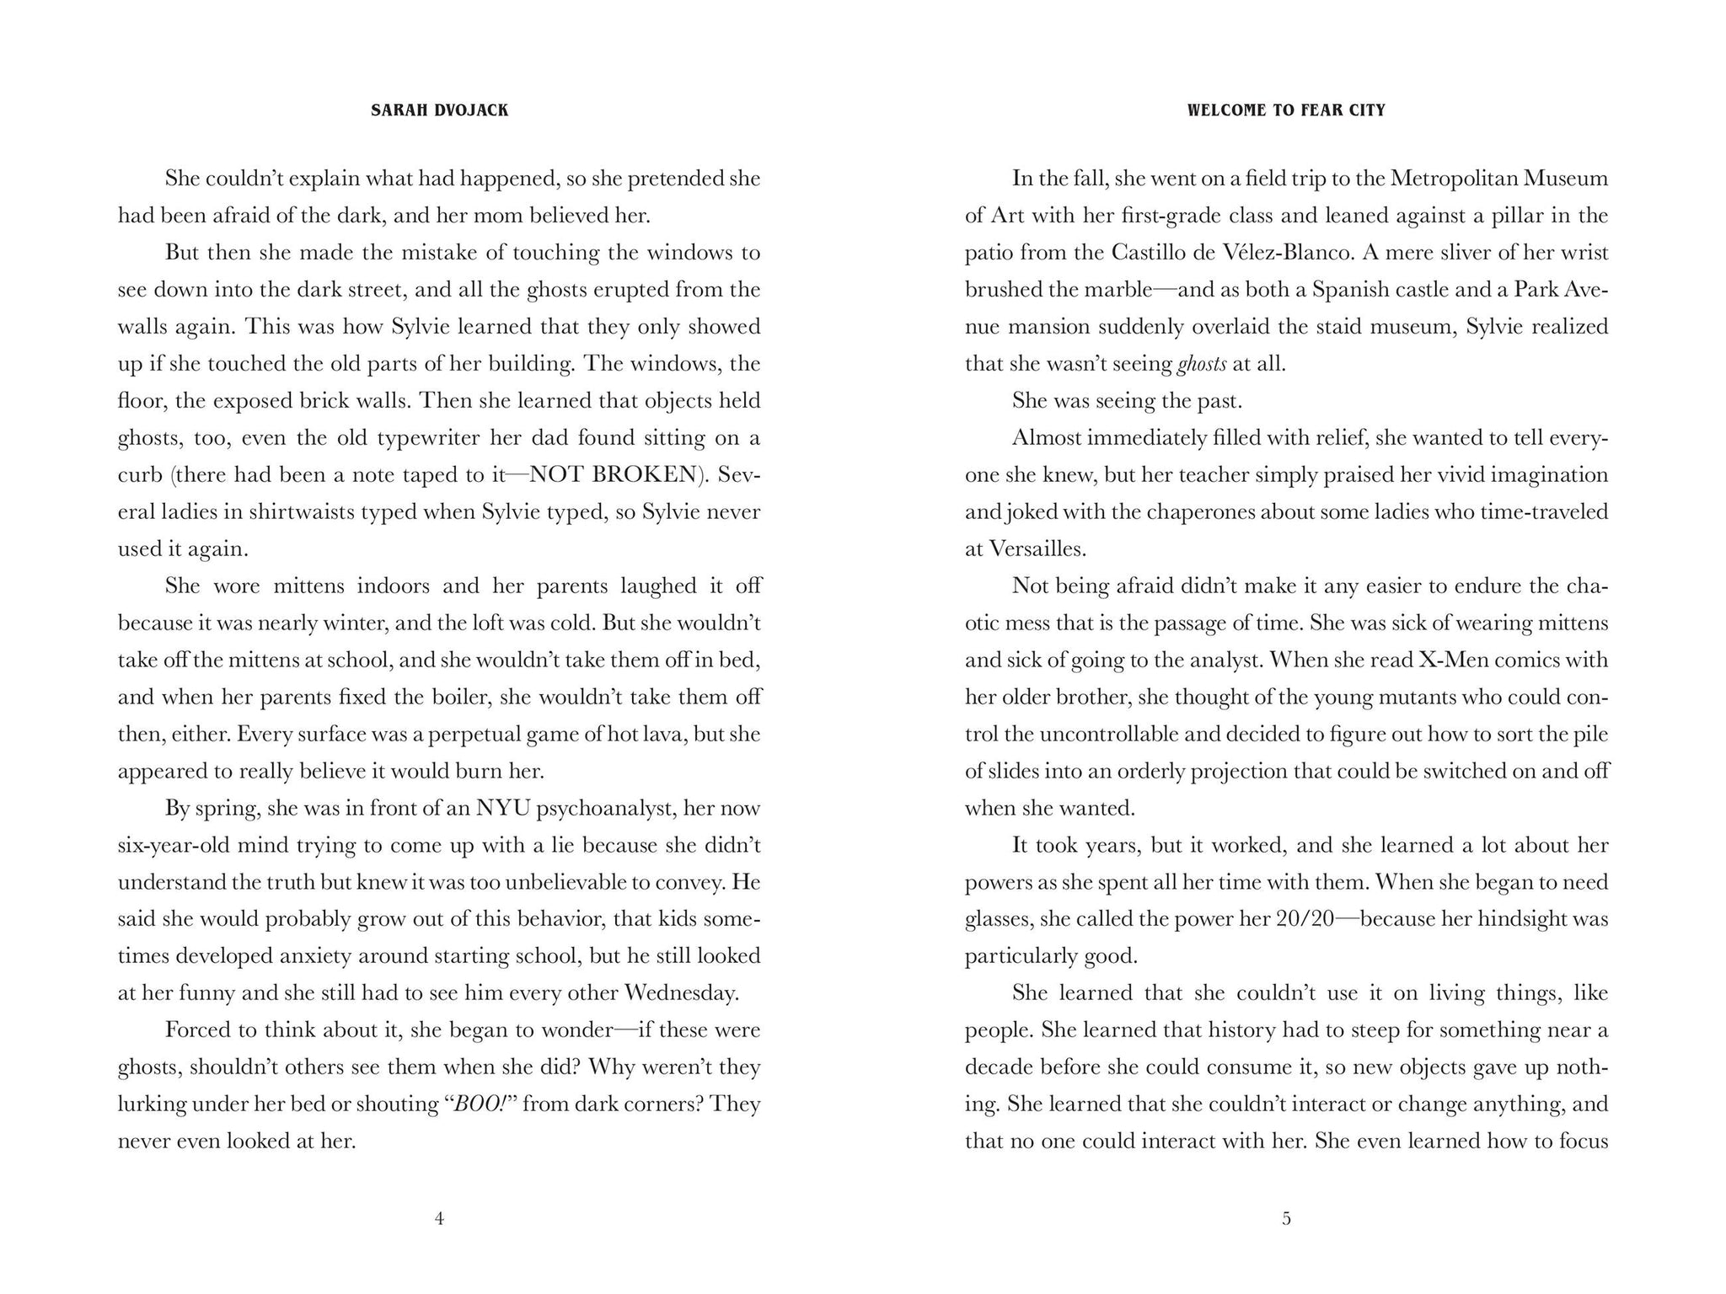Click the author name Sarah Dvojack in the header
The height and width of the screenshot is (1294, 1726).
coord(439,110)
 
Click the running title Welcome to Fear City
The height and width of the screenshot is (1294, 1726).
coord(1286,110)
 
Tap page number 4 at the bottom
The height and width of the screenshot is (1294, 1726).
coord(438,1218)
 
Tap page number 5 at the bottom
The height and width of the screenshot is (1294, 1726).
coord(1286,1218)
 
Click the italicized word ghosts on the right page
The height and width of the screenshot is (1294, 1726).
coord(1201,364)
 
